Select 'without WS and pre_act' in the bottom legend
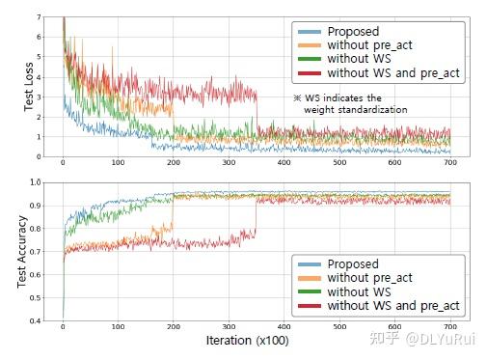tap(393, 306)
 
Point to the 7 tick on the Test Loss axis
tap(38, 18)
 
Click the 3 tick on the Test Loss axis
tap(38, 97)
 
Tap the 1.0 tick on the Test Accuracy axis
tap(35, 181)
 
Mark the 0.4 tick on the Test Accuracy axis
tap(35, 319)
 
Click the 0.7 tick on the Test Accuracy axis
tap(35, 251)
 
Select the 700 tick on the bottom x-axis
tap(450, 328)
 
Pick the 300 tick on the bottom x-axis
tap(229, 328)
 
